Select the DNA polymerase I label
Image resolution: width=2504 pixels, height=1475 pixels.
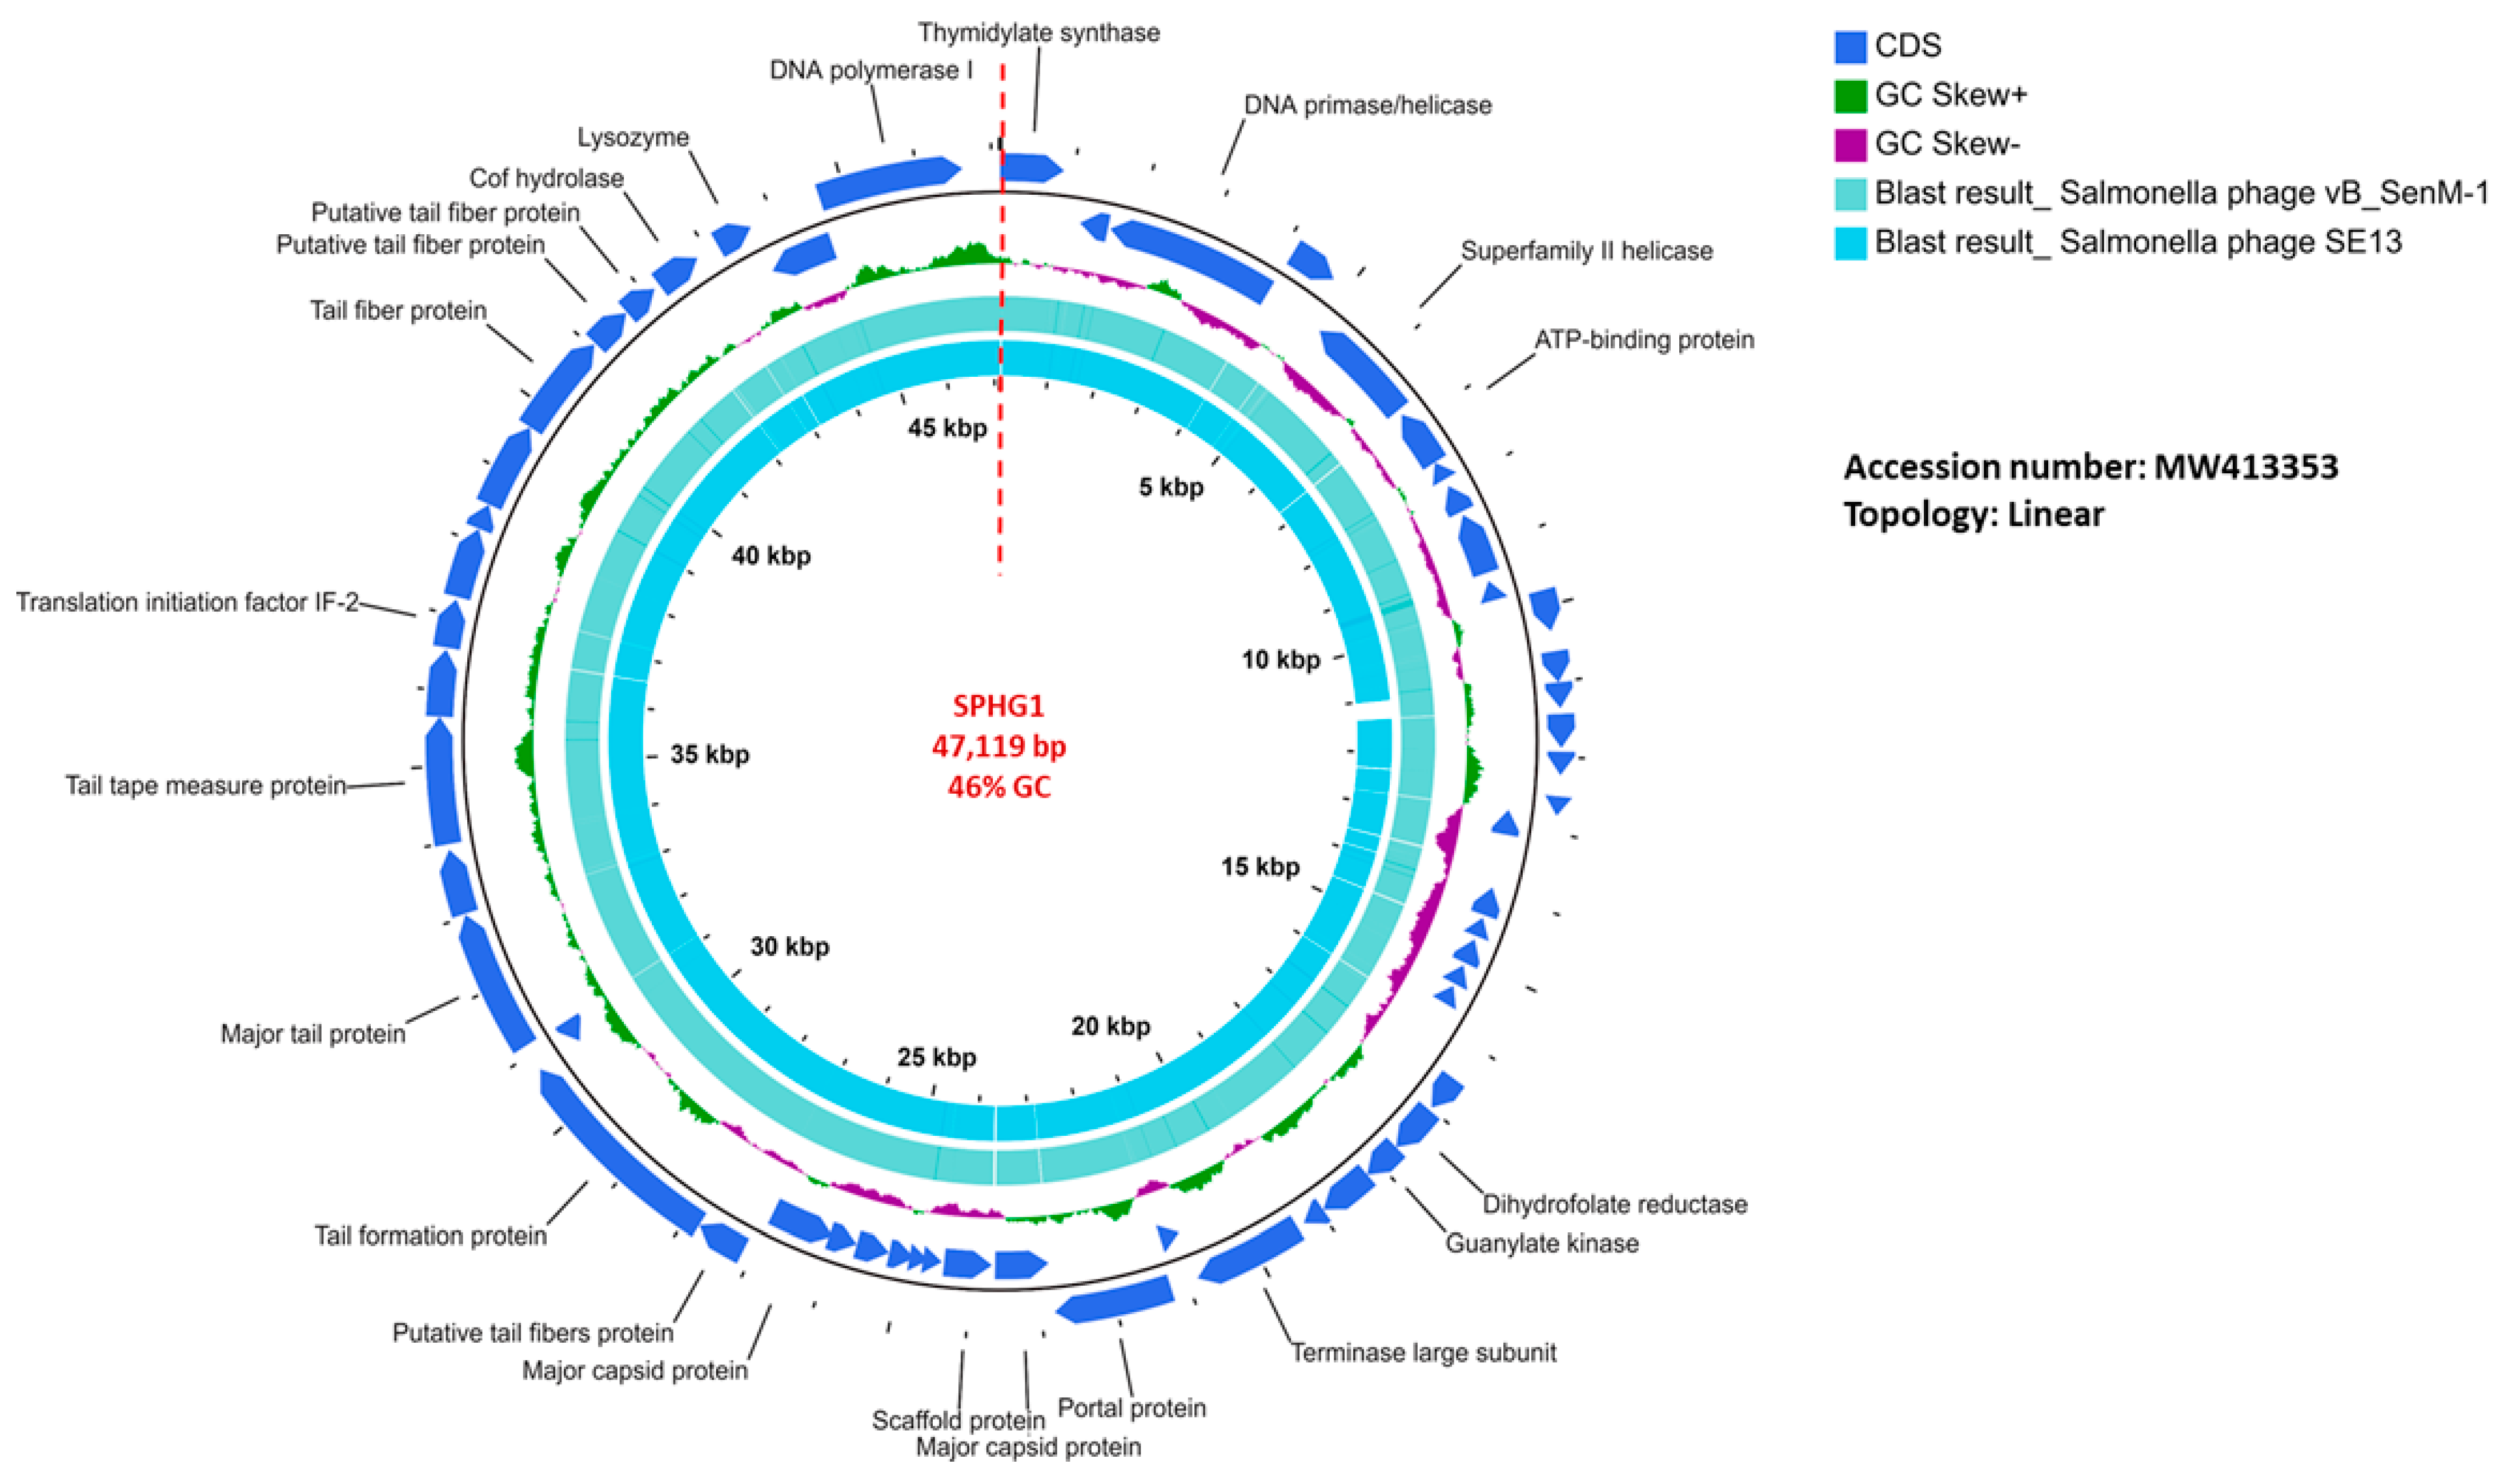pos(871,70)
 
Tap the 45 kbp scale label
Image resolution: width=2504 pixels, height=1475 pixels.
pos(946,428)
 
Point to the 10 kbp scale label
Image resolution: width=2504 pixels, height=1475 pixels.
pos(1281,660)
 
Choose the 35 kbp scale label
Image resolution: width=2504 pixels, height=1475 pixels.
pos(709,754)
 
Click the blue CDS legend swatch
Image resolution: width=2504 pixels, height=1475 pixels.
pos(1850,46)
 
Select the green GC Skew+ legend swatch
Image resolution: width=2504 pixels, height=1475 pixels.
pos(1850,95)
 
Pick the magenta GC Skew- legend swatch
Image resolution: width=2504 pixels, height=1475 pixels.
pos(1850,144)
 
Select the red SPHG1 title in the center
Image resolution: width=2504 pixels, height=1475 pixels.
pos(998,706)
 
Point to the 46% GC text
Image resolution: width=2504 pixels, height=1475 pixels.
pos(998,787)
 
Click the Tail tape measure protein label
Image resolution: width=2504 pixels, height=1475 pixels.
pos(206,786)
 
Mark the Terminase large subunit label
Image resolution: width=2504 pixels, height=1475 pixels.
pos(1424,1353)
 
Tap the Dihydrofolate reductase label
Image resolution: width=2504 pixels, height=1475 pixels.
pos(1614,1204)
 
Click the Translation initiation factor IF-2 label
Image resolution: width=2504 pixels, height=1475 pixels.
pos(187,602)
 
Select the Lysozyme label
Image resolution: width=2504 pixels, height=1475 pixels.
pos(633,137)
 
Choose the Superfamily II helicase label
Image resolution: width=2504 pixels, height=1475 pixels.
pos(1586,251)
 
